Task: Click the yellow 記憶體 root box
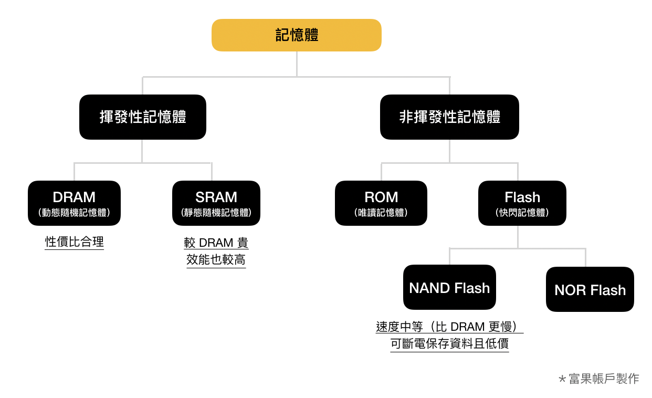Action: (x=297, y=35)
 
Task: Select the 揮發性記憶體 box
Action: (x=143, y=117)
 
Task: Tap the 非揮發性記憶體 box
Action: (x=449, y=117)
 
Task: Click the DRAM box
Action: (x=74, y=198)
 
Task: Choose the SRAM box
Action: (x=216, y=198)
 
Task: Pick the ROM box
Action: (x=381, y=198)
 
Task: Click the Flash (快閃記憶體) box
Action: (x=522, y=198)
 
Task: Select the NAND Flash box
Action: (x=449, y=288)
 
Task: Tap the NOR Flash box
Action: (x=590, y=290)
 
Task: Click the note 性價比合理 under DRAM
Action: (x=75, y=242)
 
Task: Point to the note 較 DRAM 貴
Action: (x=216, y=243)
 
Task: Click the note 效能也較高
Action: (x=216, y=260)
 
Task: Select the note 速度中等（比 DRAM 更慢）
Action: (x=450, y=327)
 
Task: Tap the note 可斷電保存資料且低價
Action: (x=450, y=344)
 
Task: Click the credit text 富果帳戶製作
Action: (x=604, y=379)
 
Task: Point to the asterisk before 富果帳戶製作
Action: (x=562, y=379)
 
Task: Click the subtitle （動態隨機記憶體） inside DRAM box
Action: (x=74, y=213)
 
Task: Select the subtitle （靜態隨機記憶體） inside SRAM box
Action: (x=216, y=213)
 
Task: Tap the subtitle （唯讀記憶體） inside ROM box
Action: (x=381, y=213)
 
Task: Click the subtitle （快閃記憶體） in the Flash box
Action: (x=522, y=213)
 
